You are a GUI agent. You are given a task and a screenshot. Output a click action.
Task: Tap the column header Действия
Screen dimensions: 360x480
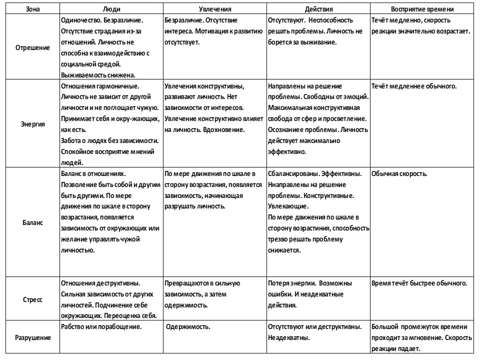click(318, 9)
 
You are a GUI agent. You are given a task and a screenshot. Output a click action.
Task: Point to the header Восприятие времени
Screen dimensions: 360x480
click(422, 9)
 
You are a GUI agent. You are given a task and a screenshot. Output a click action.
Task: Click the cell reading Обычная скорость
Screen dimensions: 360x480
click(399, 174)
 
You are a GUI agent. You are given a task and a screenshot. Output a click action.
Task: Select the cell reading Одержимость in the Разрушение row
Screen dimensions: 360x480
click(188, 327)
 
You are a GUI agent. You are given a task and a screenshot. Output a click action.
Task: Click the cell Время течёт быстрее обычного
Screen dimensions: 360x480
click(419, 283)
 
